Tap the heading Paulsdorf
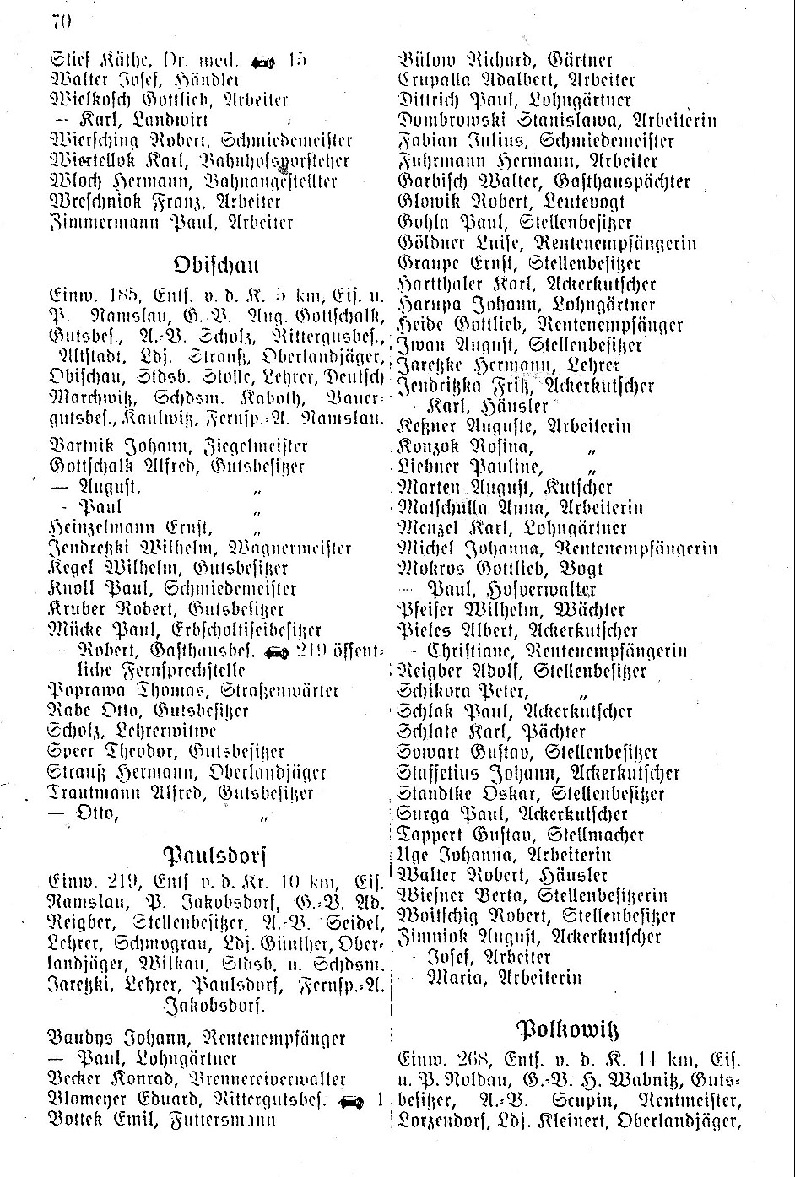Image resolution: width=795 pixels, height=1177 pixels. coord(215,853)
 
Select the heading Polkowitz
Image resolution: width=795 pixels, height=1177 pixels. coord(567,1030)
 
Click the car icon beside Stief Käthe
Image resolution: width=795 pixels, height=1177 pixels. coord(262,61)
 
